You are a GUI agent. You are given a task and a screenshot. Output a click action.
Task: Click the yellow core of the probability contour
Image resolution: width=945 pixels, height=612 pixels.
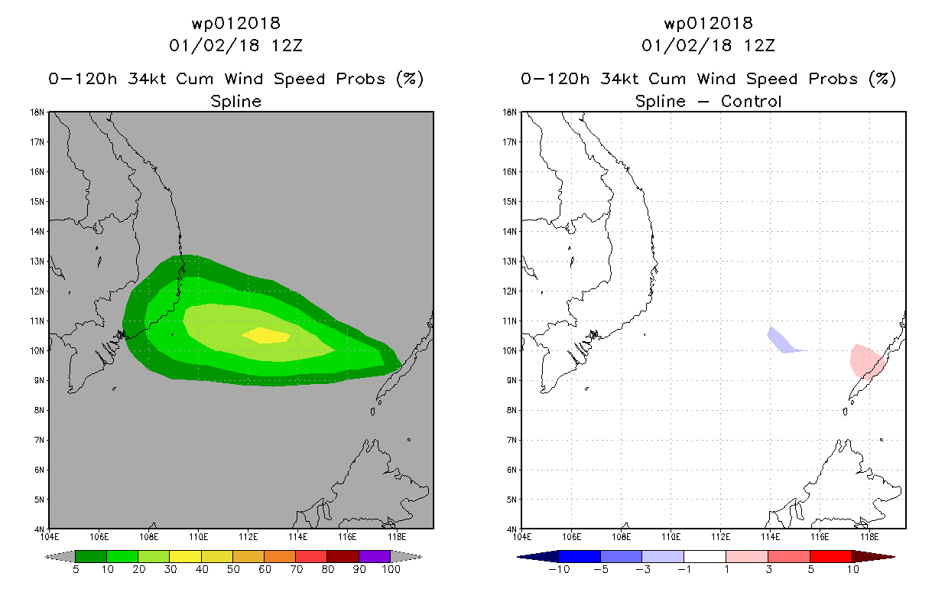[x=266, y=336]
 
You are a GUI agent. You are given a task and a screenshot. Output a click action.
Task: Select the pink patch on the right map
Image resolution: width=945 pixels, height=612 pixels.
[x=865, y=361]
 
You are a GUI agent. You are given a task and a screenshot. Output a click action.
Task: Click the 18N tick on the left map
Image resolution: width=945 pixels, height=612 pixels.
[x=37, y=112]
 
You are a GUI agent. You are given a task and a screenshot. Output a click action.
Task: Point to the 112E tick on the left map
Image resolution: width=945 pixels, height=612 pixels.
[x=248, y=537]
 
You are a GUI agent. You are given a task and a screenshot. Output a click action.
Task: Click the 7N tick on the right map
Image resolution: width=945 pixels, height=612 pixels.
[x=511, y=440]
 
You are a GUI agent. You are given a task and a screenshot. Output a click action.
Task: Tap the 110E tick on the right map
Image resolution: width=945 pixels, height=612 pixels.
[x=671, y=537]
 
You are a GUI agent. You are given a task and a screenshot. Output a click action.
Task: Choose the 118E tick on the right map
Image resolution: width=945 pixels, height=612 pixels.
[x=869, y=537]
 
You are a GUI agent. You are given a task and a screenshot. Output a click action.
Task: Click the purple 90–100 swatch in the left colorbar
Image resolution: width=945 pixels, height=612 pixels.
[x=375, y=556]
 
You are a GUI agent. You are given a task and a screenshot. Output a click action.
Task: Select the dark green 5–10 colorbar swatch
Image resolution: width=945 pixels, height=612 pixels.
[x=91, y=556]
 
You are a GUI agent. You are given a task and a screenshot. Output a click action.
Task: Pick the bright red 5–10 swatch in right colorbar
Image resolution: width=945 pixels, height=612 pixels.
[x=831, y=556]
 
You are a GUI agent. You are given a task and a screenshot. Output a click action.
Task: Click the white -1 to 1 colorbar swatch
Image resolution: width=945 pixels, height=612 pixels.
[x=705, y=556]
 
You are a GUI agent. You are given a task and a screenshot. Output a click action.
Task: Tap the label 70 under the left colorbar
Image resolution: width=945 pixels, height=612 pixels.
[x=296, y=570]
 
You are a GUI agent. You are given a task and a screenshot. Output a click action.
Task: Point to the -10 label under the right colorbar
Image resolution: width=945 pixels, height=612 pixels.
[x=559, y=570]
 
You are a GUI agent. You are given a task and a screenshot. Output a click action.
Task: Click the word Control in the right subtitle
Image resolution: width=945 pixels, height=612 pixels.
[x=751, y=101]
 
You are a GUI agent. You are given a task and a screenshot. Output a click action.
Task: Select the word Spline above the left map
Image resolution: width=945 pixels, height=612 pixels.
[x=235, y=102]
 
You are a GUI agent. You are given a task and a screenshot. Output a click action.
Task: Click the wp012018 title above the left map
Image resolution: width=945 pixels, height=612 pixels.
[x=235, y=24]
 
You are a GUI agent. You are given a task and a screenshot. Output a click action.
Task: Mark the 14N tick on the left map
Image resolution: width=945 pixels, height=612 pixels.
[x=37, y=232]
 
